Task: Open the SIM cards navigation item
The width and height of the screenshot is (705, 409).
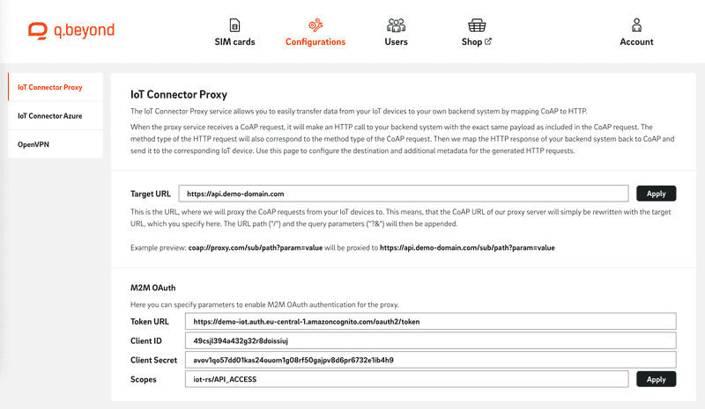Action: coord(234,33)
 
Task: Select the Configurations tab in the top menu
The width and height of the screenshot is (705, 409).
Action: coord(315,33)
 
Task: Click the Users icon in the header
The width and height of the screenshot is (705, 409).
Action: coord(396,26)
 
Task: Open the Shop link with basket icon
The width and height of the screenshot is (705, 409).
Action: coord(477,33)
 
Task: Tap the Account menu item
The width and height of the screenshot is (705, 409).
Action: coord(635,33)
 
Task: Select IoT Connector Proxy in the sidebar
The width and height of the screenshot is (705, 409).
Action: coord(50,88)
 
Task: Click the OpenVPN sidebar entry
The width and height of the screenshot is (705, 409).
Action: coord(33,142)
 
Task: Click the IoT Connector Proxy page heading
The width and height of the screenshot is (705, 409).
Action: coord(178,93)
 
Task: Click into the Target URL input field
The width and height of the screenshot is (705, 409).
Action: coord(403,194)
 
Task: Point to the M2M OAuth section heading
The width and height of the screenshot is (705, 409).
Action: coord(159,288)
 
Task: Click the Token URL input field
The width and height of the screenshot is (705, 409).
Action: coord(430,322)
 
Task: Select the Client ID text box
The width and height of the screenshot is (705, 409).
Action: coord(430,341)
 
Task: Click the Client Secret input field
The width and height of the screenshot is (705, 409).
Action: coord(430,361)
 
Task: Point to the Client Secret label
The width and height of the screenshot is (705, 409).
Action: coord(154,361)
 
